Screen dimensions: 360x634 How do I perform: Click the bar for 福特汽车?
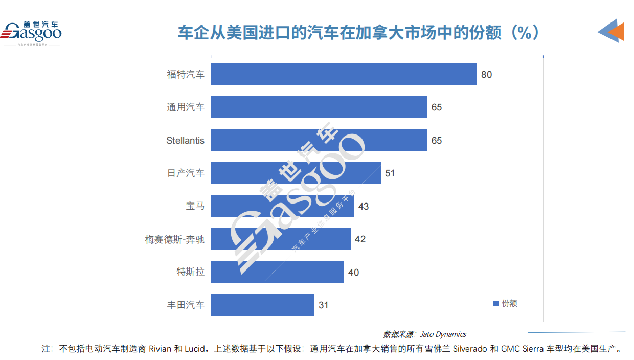344,75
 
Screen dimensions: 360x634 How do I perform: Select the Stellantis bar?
319,140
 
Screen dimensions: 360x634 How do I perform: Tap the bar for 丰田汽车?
262,305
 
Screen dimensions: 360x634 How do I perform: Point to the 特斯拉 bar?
277,272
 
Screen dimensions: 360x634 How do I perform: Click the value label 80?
486,75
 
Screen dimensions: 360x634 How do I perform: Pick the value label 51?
390,173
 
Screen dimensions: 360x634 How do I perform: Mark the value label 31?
323,305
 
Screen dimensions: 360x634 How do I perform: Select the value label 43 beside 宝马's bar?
364,207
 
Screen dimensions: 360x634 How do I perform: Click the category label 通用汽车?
186,107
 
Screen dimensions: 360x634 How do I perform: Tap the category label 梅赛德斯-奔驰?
175,239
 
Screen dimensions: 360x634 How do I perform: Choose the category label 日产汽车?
186,173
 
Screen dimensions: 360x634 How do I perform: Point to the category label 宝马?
195,207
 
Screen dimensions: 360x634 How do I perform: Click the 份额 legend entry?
505,303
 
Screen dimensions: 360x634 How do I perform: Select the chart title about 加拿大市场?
358,33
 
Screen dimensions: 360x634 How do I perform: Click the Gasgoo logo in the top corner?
32,33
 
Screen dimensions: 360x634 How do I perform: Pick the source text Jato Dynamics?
443,334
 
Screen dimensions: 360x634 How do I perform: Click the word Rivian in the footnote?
161,350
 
